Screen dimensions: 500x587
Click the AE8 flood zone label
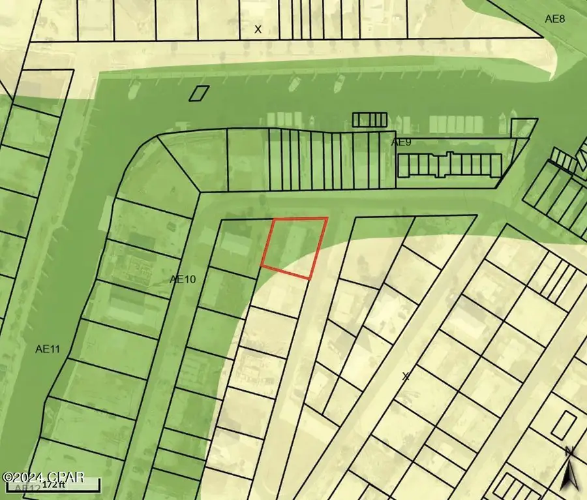(555, 19)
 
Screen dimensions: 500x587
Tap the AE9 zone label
(402, 142)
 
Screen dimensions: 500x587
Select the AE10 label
(183, 279)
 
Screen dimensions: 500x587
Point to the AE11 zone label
(48, 349)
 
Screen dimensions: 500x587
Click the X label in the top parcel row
(258, 29)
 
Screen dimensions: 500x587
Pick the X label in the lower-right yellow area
(406, 376)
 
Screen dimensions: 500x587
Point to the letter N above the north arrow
(569, 451)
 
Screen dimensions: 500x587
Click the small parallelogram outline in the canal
(199, 93)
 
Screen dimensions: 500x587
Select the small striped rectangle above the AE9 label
(370, 120)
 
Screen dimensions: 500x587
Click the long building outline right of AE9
(450, 165)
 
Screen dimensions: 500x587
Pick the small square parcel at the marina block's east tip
(522, 127)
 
